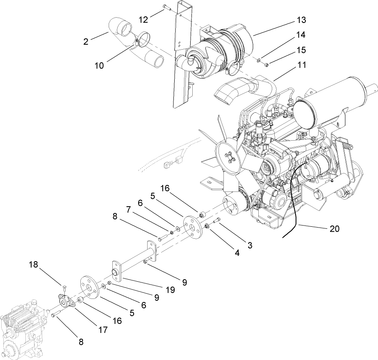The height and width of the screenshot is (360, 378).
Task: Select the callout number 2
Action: tap(86, 41)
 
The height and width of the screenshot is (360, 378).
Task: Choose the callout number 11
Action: tap(302, 65)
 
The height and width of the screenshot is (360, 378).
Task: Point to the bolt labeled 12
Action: tap(165, 7)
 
